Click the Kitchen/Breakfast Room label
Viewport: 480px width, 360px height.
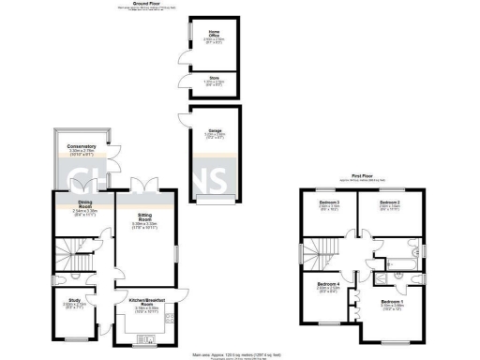click(145, 303)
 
